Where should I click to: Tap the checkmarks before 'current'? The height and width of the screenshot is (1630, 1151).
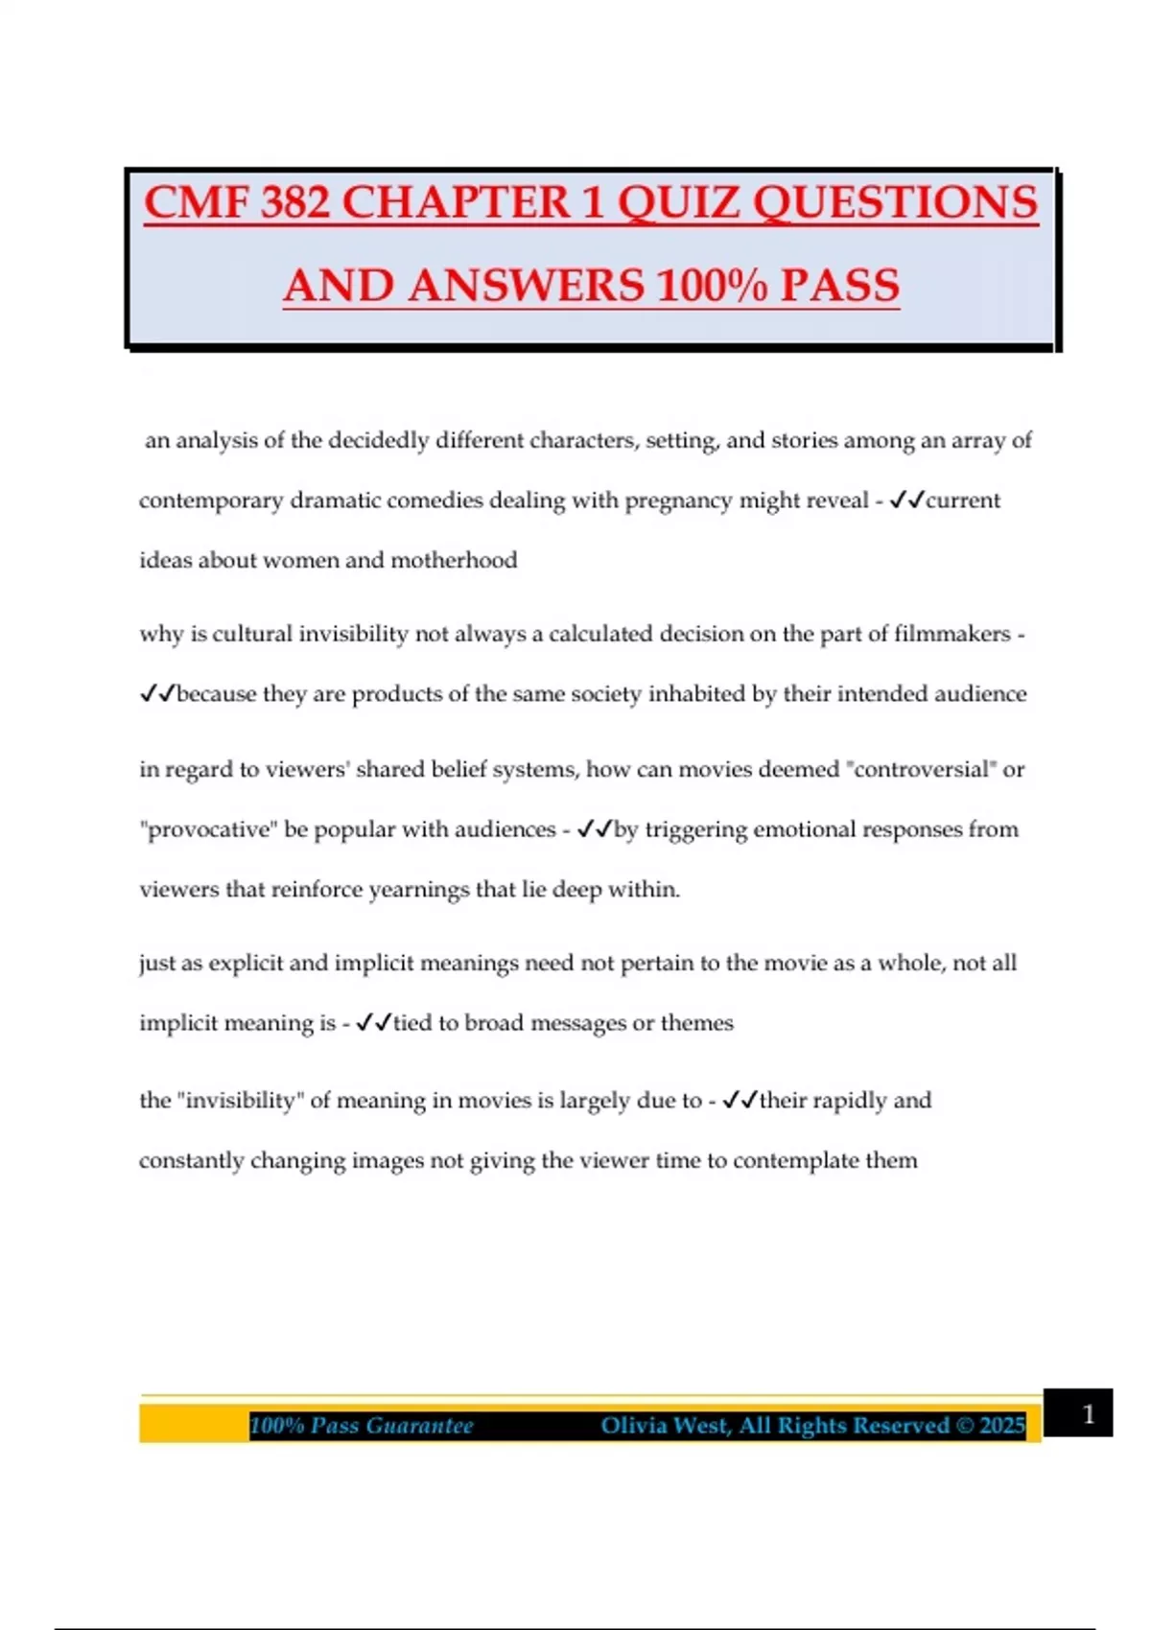(906, 501)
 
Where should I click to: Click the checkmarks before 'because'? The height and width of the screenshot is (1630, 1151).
(157, 694)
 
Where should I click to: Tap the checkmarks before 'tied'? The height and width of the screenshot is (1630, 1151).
(373, 1023)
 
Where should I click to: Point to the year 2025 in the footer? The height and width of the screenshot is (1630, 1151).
(1003, 1426)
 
